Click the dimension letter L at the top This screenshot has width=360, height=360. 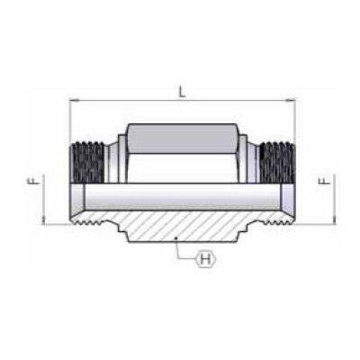(182, 91)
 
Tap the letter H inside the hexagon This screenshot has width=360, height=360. (205, 258)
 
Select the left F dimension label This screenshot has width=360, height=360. (30, 181)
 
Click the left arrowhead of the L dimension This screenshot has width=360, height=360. (74, 101)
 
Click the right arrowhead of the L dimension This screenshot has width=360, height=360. (291, 101)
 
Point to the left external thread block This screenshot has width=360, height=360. (87, 162)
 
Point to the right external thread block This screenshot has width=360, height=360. (277, 162)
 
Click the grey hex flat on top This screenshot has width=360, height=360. (183, 139)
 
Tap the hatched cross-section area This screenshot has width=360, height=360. (183, 226)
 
